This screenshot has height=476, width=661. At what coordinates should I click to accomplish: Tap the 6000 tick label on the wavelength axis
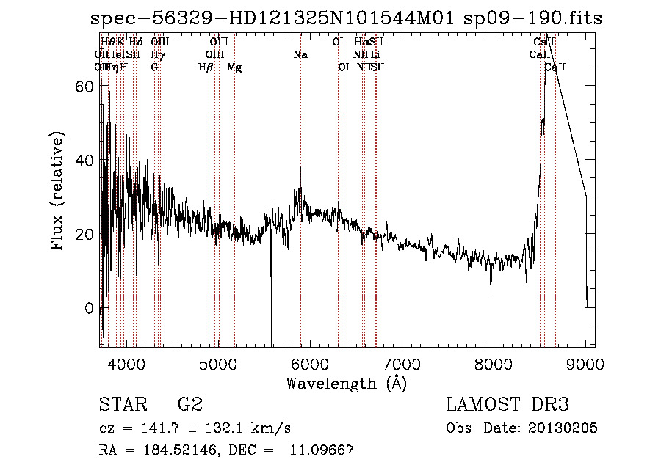310,363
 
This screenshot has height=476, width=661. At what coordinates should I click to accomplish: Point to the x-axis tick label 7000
402,363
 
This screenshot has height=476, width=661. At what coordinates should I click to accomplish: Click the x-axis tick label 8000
494,363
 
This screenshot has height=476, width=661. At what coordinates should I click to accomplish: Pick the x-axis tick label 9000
586,363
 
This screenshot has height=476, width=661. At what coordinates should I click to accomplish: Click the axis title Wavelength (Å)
346,383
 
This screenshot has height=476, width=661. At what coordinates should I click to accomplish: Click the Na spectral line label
300,55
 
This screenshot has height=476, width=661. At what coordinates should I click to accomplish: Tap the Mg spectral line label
234,67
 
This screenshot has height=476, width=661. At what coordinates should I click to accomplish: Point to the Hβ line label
206,67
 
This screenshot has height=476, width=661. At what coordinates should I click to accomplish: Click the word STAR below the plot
120,404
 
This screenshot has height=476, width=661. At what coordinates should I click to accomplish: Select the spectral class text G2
189,404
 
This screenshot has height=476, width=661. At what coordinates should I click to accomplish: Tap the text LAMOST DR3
507,404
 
